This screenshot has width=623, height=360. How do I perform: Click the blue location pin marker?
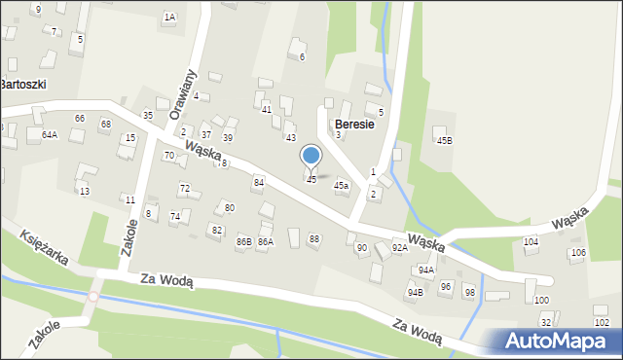[x=311, y=156]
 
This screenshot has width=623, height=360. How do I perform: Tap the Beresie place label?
[x=355, y=125]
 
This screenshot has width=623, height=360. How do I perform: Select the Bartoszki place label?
[x=23, y=85]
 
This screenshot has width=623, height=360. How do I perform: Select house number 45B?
[x=444, y=141]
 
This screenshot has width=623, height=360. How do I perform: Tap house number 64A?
[x=50, y=134]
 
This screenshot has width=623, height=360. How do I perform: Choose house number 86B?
[x=243, y=240]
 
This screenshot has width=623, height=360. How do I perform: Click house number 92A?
[x=399, y=248]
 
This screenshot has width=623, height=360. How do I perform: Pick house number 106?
[x=578, y=253]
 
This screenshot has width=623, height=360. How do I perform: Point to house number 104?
[x=531, y=241]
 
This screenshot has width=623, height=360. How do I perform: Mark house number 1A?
[x=169, y=18]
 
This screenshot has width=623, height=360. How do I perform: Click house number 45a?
[x=341, y=185]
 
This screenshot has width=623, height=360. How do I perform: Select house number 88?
[x=313, y=238]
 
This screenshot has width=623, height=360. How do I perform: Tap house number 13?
[x=85, y=191]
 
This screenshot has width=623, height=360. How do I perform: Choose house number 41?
[x=266, y=110]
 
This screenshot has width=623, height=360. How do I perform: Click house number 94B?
[x=416, y=292]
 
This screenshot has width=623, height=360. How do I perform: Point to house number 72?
[x=184, y=188]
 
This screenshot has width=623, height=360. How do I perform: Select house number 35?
[x=148, y=116]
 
